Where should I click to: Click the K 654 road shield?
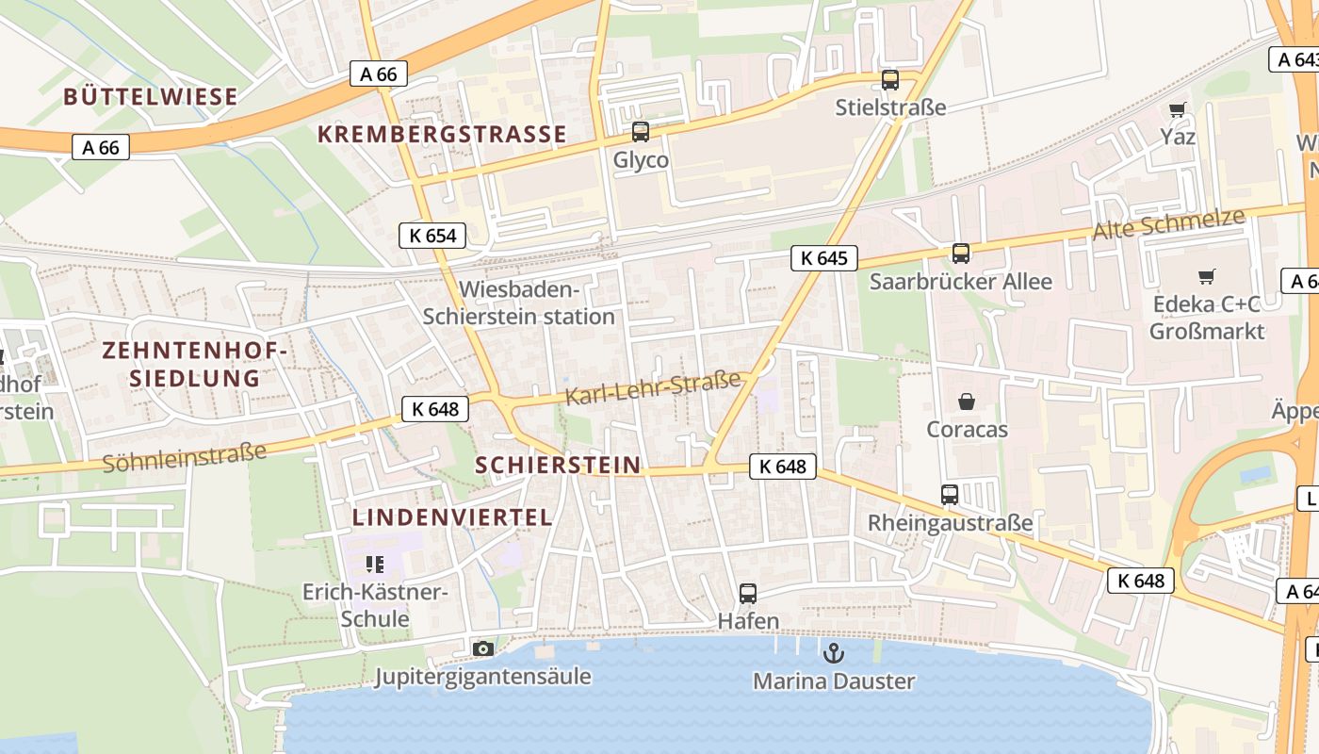(x=433, y=236)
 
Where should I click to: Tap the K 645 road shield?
(x=824, y=258)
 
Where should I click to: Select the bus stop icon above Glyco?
(x=641, y=132)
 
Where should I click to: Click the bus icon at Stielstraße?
(x=890, y=80)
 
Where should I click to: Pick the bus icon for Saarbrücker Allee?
(x=961, y=254)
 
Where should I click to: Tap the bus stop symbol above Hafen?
(x=748, y=594)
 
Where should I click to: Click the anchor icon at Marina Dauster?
(x=834, y=652)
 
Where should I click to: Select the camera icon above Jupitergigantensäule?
(x=483, y=648)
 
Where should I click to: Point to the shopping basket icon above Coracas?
(x=967, y=402)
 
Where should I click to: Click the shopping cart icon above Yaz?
(x=1177, y=110)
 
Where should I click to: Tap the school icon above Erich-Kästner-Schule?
(x=375, y=565)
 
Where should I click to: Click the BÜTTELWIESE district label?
(x=151, y=97)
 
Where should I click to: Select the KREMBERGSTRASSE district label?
(x=442, y=134)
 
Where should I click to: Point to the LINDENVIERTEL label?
(x=452, y=517)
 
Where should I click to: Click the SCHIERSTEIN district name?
(x=558, y=465)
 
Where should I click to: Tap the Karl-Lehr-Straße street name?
(x=652, y=388)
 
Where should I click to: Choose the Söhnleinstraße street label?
(x=184, y=457)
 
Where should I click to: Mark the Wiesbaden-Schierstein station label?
(x=518, y=303)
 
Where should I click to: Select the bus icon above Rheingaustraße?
(x=950, y=495)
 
